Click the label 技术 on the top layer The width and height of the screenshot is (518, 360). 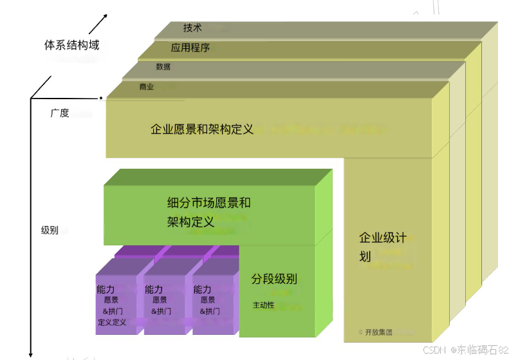point(192,28)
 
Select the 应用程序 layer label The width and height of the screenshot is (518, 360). point(190,48)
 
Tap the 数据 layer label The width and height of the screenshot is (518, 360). point(163,67)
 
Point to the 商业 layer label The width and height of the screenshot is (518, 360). point(146,87)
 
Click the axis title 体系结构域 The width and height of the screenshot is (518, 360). point(71,46)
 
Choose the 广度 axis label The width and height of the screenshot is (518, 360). point(60,113)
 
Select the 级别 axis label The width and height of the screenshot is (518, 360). point(50,230)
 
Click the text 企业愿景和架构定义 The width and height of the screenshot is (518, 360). point(202,129)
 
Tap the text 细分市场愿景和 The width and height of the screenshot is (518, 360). point(208,204)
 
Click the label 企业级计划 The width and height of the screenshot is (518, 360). point(382,246)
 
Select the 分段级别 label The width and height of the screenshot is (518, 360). point(274,279)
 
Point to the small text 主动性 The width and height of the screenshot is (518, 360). point(264,305)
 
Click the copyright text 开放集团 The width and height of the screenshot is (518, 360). point(378,332)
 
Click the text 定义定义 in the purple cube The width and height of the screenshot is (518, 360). point(112,322)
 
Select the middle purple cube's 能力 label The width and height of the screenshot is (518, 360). point(154,290)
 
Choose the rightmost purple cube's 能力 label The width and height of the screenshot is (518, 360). point(202,290)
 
